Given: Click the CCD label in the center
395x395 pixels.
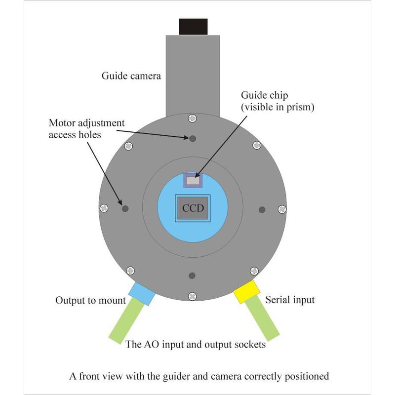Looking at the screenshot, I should pyautogui.click(x=193, y=208).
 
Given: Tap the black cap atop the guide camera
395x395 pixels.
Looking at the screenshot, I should pyautogui.click(x=193, y=26).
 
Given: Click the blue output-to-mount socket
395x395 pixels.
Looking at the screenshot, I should pyautogui.click(x=141, y=293).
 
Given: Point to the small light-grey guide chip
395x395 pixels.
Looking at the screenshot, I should pyautogui.click(x=193, y=181).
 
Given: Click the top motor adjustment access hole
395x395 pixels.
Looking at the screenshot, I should pyautogui.click(x=193, y=139).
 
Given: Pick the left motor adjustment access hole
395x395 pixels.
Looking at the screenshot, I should pyautogui.click(x=125, y=208).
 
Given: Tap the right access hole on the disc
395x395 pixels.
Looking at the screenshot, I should pyautogui.click(x=262, y=209).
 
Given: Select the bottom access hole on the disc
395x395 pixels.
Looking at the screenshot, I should pyautogui.click(x=193, y=275).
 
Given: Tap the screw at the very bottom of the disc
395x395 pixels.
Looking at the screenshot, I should pyautogui.click(x=192, y=296).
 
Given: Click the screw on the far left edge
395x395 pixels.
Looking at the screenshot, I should pyautogui.click(x=104, y=208).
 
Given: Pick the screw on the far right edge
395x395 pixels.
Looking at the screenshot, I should pyautogui.click(x=282, y=209).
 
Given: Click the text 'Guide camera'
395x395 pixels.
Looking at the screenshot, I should pyautogui.click(x=131, y=76).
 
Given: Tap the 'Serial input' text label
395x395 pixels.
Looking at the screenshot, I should pyautogui.click(x=290, y=300).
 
